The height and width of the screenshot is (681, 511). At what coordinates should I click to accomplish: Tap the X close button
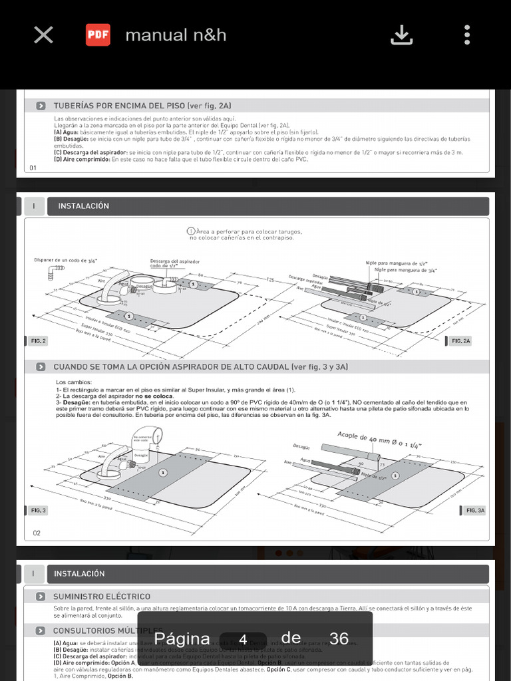tap(43, 35)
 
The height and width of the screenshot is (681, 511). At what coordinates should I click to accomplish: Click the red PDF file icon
tap(98, 35)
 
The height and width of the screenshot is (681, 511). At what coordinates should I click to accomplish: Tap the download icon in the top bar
tap(401, 35)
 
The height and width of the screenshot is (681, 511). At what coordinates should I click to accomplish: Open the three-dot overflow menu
tap(467, 35)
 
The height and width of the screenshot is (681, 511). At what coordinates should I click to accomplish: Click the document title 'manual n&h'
tap(176, 35)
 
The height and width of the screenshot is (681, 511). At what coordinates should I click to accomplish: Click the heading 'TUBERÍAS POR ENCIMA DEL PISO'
tap(142, 106)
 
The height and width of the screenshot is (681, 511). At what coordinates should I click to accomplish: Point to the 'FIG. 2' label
tap(39, 341)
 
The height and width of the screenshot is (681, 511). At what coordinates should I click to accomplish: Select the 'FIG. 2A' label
tap(460, 341)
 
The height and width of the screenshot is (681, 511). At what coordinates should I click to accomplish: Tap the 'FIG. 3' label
tap(39, 510)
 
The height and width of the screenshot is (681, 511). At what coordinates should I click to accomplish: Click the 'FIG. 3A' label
tap(475, 510)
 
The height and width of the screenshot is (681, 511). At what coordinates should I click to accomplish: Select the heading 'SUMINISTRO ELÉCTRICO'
tap(102, 597)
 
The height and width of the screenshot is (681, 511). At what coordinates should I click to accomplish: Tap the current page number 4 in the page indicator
tap(243, 640)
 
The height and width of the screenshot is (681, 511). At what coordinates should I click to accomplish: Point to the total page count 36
tap(339, 638)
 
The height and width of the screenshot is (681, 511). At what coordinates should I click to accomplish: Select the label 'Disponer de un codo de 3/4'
tap(65, 261)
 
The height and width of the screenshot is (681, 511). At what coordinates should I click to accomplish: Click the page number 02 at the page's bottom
tap(37, 533)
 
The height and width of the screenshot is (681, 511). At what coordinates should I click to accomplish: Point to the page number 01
tap(33, 168)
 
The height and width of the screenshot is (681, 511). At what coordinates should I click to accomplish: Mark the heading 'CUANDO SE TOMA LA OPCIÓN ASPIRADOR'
tap(200, 367)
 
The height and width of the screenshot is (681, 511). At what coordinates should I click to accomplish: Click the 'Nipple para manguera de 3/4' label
tap(405, 270)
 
